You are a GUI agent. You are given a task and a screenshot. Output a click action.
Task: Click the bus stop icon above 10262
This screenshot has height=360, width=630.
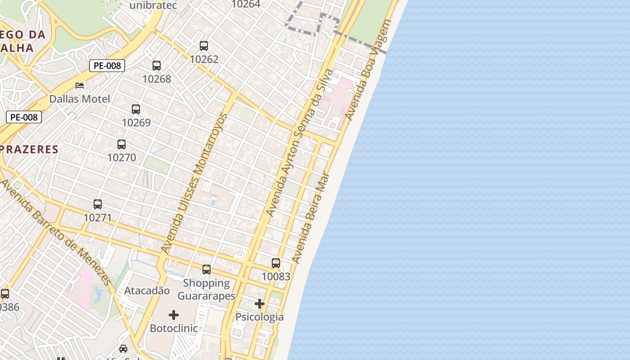[204, 46]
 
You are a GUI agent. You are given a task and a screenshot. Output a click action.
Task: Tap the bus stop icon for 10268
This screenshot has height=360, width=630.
[157, 66]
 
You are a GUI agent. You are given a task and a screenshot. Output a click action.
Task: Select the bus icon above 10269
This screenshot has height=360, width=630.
[136, 109]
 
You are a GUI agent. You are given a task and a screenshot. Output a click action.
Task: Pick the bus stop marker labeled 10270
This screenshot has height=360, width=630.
[121, 144]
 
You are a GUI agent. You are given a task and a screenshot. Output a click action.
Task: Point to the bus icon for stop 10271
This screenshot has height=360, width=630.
[98, 204]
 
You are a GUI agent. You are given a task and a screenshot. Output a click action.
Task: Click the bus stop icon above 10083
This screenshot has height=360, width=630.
[276, 263]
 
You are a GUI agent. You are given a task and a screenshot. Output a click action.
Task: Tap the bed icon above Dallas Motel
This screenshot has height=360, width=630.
[80, 85]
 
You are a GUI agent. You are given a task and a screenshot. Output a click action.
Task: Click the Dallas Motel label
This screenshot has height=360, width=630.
[80, 99]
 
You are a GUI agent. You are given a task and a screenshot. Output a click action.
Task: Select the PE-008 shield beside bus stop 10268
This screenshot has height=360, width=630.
[107, 66]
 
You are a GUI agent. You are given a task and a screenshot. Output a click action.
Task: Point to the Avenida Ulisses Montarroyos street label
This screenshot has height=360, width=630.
[194, 183]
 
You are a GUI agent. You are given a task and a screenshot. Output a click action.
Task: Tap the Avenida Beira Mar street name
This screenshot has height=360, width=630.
[311, 219]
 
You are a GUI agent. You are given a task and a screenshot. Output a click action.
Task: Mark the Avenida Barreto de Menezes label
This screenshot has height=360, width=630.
[56, 233]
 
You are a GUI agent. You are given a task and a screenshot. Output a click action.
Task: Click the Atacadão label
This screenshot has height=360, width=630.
[147, 291]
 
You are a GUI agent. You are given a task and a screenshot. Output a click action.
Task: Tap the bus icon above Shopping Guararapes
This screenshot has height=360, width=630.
[207, 270]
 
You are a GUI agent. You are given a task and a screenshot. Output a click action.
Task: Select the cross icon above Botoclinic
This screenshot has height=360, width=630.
[174, 315]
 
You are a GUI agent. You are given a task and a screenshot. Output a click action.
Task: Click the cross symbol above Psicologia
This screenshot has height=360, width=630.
[260, 304]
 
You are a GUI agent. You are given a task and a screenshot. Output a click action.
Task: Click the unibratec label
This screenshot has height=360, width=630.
[153, 6]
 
